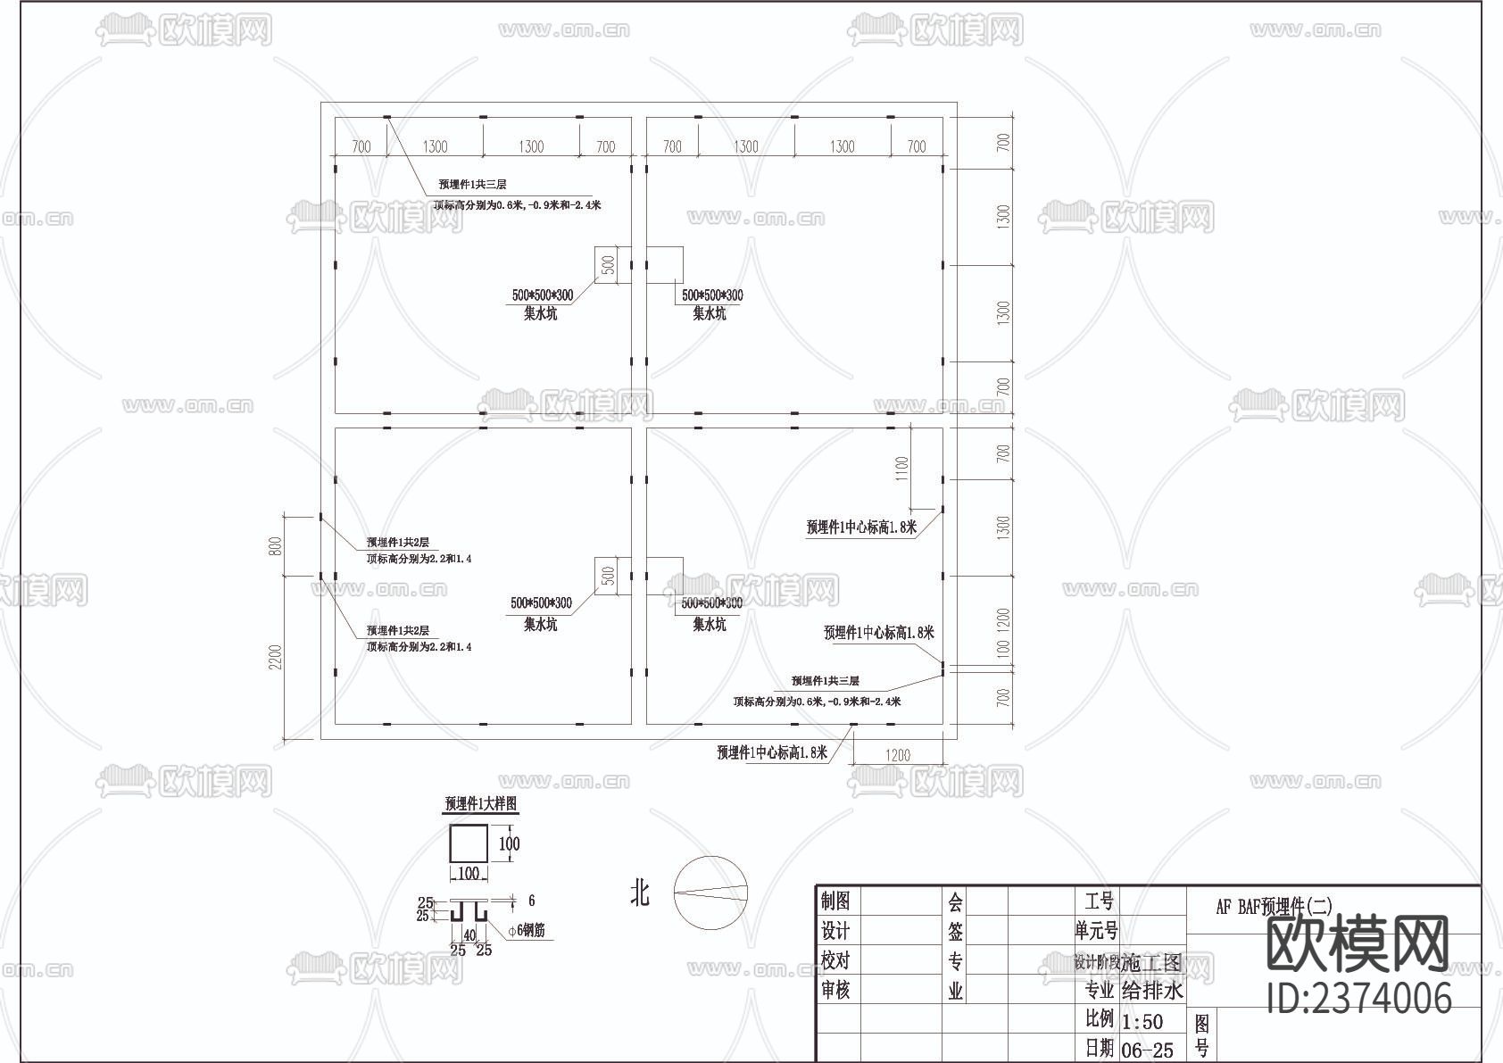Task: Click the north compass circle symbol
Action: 710,893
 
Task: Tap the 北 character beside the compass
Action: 640,893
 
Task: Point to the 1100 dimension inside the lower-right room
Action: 901,468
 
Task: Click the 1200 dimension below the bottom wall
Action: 898,755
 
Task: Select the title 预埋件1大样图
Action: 481,804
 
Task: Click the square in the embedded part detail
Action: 468,843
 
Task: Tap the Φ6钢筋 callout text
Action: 526,931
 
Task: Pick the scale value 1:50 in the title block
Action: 1142,1021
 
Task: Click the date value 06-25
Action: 1147,1051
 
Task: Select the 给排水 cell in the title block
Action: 1151,991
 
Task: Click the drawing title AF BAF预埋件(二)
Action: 1274,907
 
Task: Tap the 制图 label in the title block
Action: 835,901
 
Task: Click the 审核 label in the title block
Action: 835,990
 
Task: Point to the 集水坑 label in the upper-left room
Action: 540,313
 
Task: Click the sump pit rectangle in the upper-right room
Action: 665,265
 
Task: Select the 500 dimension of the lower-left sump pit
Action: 609,576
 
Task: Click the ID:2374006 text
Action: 1359,997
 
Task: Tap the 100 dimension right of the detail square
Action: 509,843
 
